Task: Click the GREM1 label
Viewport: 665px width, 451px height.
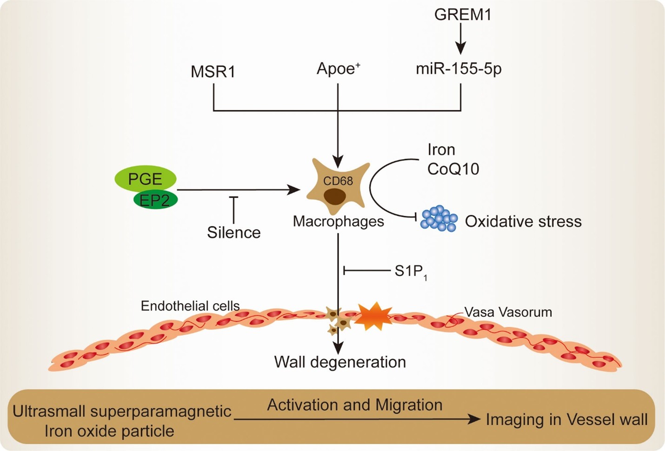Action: point(462,14)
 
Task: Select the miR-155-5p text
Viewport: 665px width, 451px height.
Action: point(459,69)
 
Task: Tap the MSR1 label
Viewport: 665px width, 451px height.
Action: point(213,72)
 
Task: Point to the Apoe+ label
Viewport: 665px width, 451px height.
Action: point(338,69)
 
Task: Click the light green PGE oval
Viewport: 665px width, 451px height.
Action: point(145,179)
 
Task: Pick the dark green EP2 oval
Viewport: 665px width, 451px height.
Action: point(156,200)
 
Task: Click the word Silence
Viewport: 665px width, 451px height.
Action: point(233,232)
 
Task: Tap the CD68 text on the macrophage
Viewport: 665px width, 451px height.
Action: point(338,181)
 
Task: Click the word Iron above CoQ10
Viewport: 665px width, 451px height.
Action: point(441,150)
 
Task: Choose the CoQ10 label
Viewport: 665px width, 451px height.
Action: point(453,169)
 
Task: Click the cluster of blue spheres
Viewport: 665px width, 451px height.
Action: point(439,218)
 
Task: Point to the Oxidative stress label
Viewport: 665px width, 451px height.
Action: point(523,221)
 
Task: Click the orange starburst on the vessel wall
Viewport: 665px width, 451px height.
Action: point(374,316)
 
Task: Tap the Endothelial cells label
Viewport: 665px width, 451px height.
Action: point(190,305)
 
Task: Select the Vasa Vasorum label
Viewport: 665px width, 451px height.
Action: point(508,312)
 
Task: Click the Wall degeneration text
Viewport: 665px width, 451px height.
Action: point(340,362)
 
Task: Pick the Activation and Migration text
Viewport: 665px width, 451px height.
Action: point(354,405)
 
